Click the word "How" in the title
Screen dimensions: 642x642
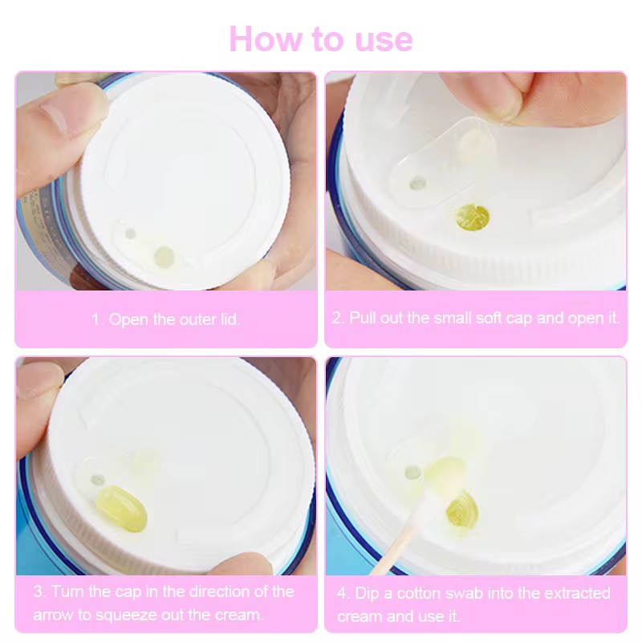265,39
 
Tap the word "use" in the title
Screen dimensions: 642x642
384,42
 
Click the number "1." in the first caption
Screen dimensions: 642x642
97,319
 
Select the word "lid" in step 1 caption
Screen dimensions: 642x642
229,319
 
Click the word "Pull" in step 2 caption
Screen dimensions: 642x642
363,318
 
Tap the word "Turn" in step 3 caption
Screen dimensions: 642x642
67,591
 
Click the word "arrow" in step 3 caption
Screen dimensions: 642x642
53,615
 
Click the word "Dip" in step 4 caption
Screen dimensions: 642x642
367,593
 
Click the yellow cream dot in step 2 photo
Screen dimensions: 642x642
473,217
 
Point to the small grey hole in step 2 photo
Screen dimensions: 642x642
417,183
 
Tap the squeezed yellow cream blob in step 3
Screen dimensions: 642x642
122,509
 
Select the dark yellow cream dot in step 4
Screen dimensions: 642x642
463,509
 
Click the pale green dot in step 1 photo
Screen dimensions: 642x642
165,257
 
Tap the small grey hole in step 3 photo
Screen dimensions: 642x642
97,480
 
